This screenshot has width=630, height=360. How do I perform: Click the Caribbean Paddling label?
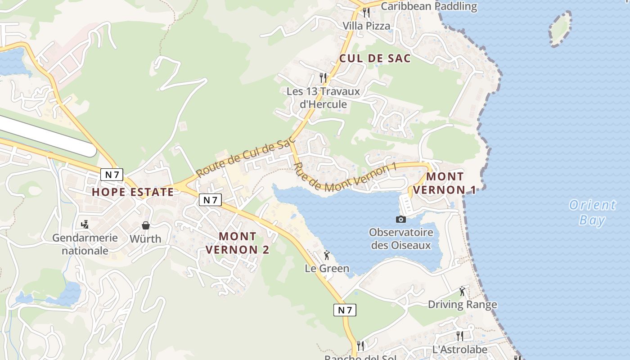coord(428,6)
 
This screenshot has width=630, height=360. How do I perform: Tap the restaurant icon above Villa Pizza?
coord(366,12)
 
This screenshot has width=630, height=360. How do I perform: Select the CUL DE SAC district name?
coord(375,58)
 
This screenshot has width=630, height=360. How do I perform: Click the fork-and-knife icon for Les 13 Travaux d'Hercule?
coord(323,77)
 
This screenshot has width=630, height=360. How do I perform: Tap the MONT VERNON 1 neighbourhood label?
coord(445,183)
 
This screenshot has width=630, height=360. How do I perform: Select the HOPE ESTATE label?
coord(133,192)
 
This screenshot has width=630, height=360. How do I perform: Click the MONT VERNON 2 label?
coord(238,243)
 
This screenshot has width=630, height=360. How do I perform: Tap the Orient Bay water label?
coord(592,212)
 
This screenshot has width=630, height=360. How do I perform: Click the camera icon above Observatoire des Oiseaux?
coord(400,219)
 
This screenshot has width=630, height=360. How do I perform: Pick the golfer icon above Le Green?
coord(327,256)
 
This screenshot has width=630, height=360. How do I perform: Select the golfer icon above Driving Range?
coord(462,292)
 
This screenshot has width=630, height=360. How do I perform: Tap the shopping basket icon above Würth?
coord(145,225)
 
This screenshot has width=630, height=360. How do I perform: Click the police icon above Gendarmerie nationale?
coord(85,224)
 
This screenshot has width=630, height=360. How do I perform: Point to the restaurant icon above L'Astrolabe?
coord(459,336)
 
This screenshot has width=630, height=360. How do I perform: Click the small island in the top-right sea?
coord(560,29)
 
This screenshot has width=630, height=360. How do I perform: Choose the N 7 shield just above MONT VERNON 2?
coord(210,200)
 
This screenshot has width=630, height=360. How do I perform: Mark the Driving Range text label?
coord(462,305)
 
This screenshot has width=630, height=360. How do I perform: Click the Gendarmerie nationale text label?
coord(85,244)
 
